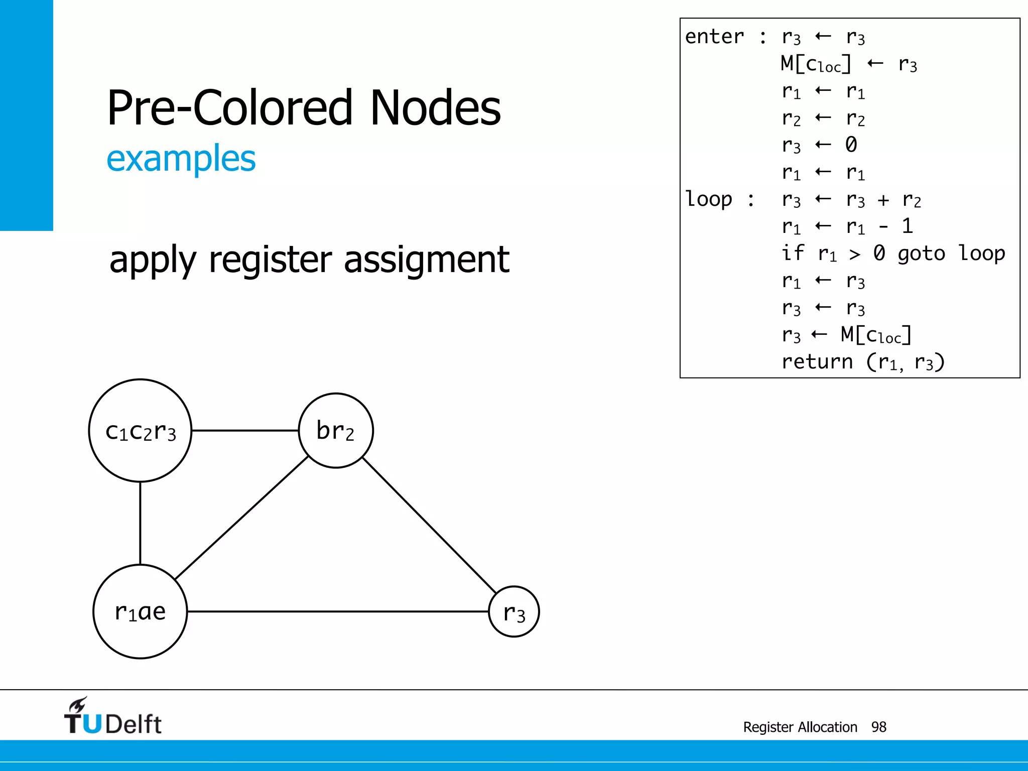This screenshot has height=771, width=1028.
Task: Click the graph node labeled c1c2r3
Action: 140,431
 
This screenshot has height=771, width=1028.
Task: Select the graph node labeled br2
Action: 336,431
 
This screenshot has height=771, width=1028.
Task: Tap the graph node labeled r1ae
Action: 140,611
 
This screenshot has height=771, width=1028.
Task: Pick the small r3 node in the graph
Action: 514,612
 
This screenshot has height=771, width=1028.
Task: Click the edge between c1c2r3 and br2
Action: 245,431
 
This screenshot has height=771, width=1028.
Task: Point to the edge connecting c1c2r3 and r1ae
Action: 140,523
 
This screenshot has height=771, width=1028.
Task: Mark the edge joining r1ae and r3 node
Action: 337,611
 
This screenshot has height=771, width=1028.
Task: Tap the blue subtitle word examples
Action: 181,159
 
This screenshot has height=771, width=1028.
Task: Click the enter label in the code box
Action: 714,37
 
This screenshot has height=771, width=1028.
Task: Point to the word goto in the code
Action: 921,254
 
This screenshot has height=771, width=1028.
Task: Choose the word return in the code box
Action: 817,361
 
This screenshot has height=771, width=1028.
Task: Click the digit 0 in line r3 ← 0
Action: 851,145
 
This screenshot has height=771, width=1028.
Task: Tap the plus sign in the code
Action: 883,200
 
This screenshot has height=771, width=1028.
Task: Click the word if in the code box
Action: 793,253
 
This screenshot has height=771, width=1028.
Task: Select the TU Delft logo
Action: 112,716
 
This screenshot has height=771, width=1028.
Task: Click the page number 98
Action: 878,727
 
